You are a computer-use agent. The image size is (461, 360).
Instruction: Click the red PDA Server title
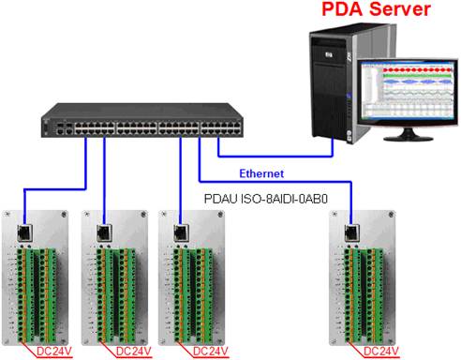click(376, 8)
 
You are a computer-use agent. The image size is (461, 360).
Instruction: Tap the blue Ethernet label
click(261, 173)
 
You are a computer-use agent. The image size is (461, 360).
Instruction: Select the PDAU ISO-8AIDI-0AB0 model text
click(266, 199)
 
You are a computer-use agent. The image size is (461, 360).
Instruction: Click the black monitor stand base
click(409, 138)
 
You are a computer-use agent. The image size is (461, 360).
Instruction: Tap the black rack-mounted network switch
click(142, 120)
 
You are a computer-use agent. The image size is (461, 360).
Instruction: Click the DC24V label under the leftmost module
click(54, 352)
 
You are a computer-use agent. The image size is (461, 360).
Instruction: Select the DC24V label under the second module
click(134, 352)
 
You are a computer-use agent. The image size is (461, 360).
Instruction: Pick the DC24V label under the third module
click(211, 352)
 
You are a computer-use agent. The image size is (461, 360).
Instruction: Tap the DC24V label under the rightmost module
click(381, 352)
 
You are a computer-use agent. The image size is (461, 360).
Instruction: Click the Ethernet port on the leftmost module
click(25, 232)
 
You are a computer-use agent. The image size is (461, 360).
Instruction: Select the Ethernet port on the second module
click(105, 232)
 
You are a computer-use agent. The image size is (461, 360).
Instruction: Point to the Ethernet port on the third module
click(182, 232)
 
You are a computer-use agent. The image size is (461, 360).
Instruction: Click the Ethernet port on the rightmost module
click(352, 232)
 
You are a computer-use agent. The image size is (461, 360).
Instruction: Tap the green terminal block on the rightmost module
click(364, 295)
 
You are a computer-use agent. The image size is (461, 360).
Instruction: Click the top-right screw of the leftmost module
click(64, 215)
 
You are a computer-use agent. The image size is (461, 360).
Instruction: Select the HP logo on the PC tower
click(329, 55)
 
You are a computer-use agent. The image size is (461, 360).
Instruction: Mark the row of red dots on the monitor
click(417, 70)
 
